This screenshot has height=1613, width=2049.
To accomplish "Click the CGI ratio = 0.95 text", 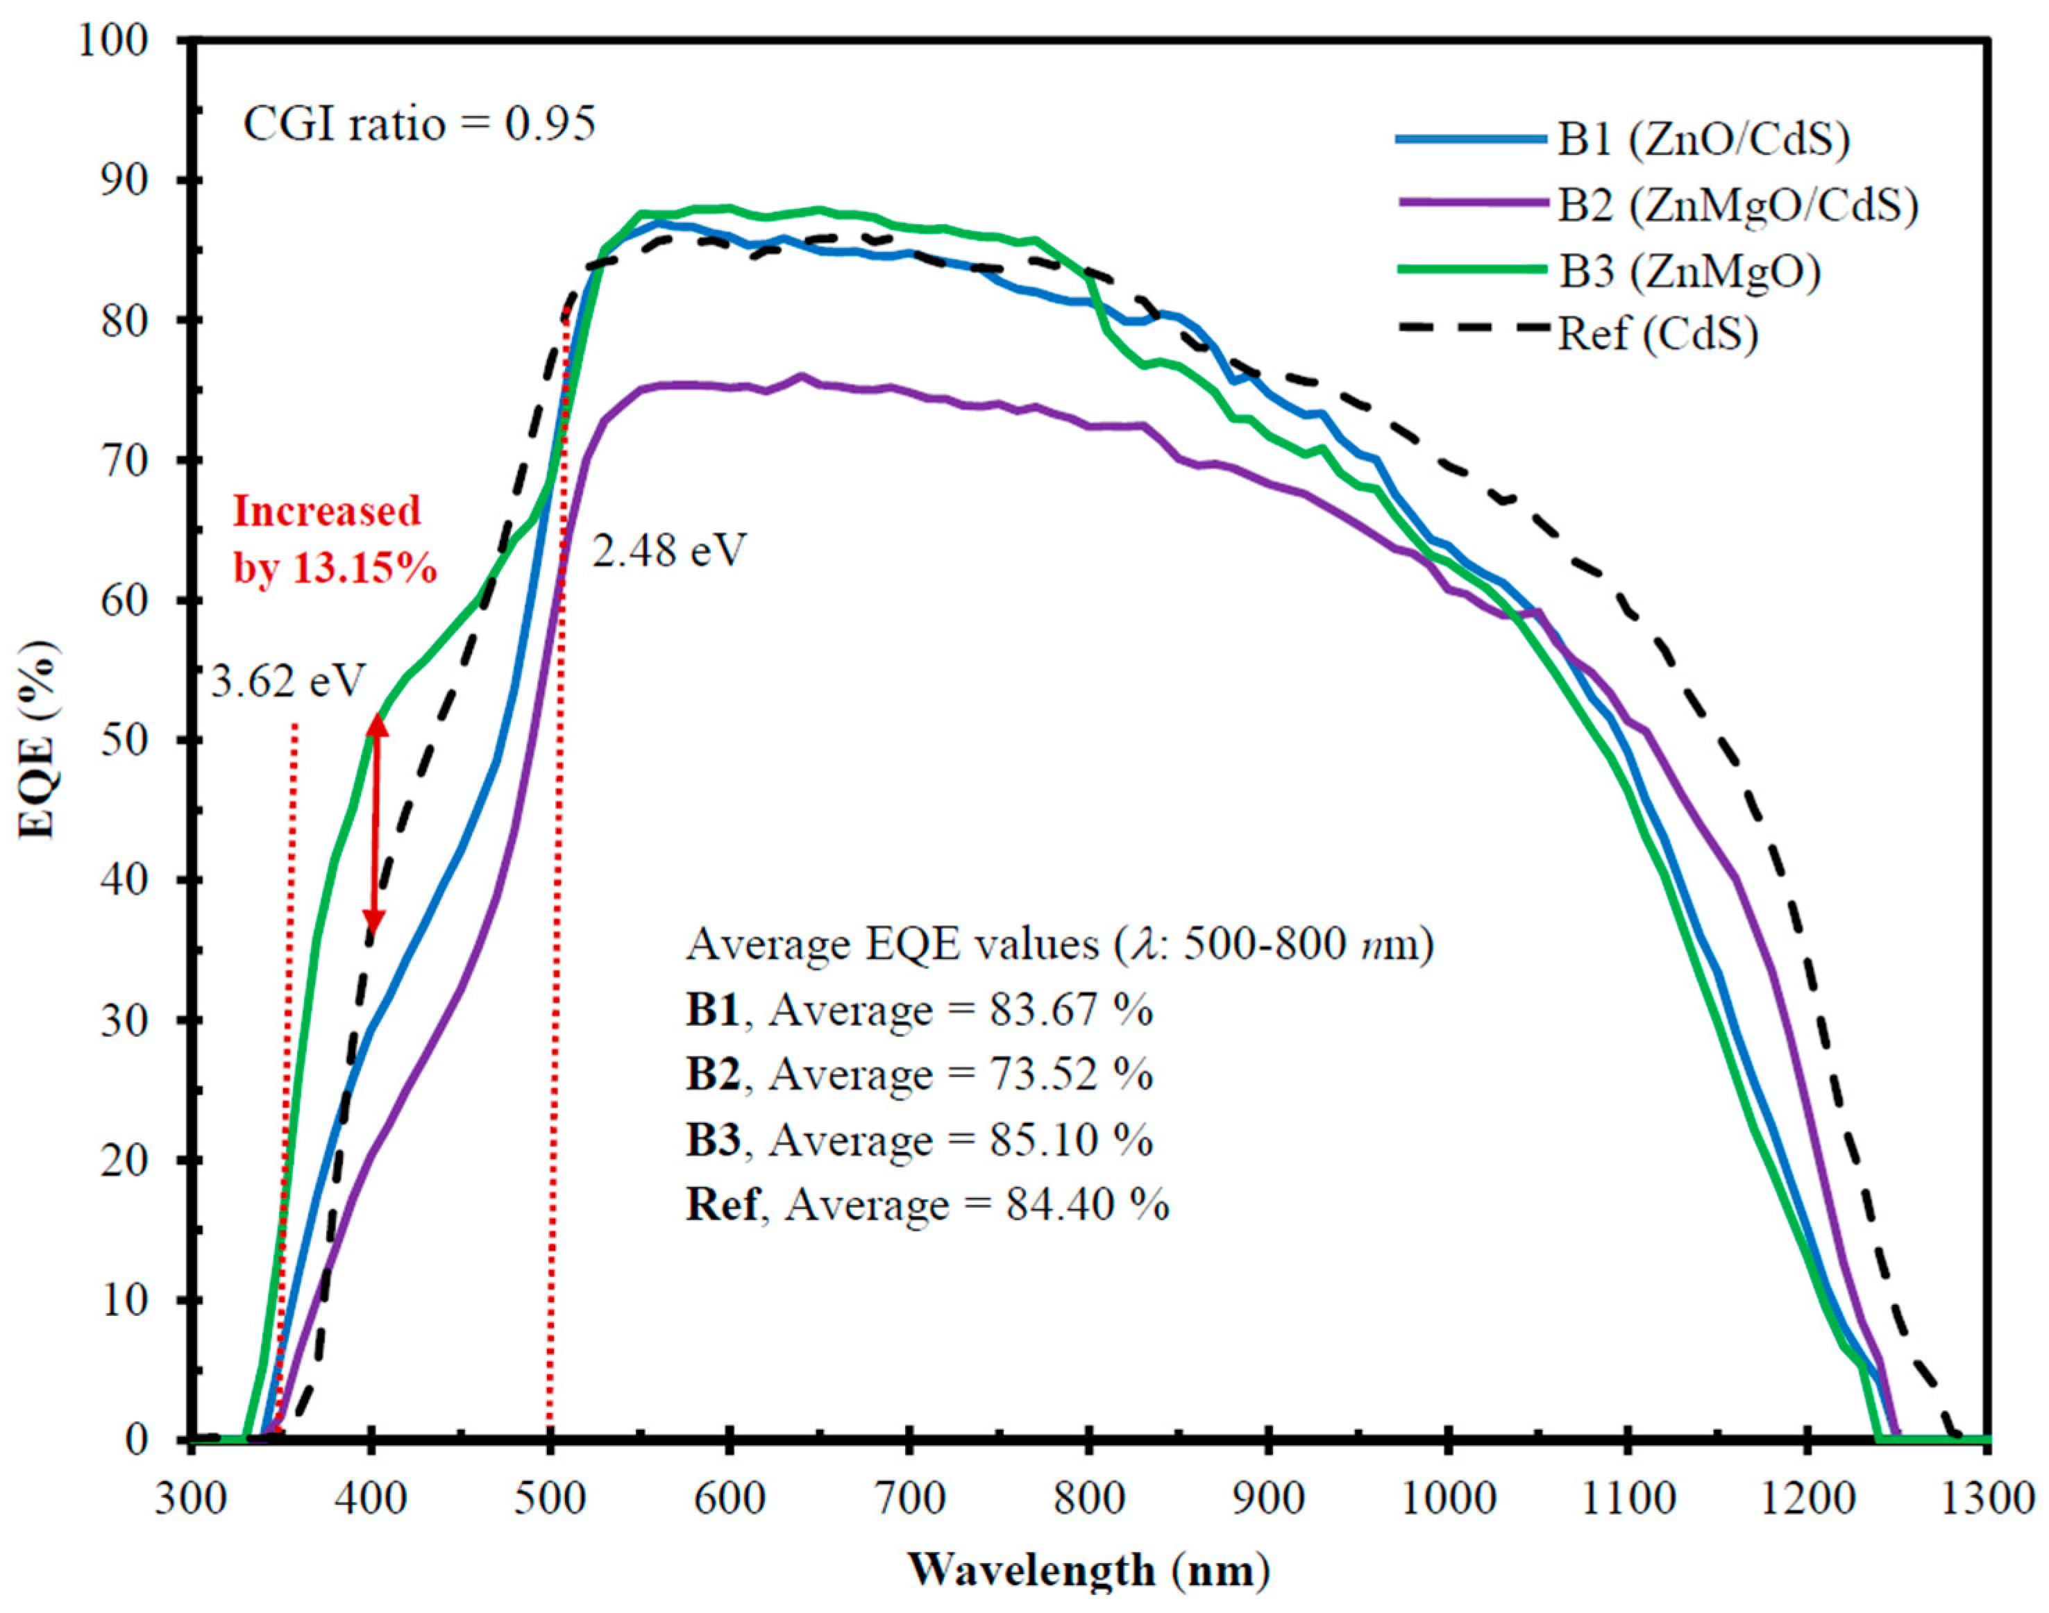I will pyautogui.click(x=419, y=124).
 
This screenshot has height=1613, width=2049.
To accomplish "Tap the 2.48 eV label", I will pyautogui.click(x=668, y=550).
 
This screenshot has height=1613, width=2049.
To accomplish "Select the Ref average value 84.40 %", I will pyautogui.click(x=1086, y=1205).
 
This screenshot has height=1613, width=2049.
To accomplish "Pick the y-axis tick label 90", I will pyautogui.click(x=125, y=180).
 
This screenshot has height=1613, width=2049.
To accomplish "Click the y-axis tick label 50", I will pyautogui.click(x=125, y=739).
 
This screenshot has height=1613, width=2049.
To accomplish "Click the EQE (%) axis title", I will pyautogui.click(x=40, y=739).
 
